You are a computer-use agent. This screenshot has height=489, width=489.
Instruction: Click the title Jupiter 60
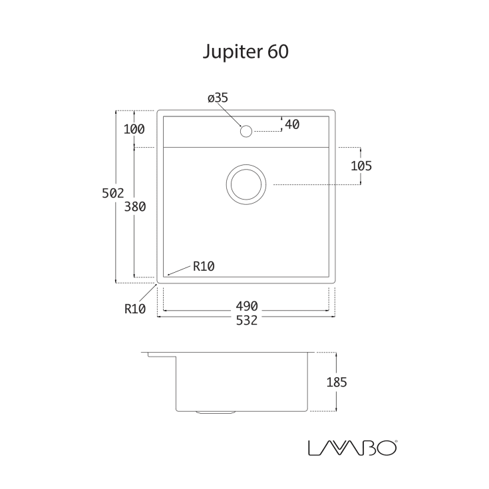tap(245, 53)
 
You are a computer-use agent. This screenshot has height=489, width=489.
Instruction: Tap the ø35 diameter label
tap(218, 98)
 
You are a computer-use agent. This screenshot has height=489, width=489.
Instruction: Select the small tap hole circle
tap(245, 130)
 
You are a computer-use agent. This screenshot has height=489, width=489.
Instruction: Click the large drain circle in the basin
tap(245, 184)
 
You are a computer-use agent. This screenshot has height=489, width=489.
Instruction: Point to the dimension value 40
tap(291, 124)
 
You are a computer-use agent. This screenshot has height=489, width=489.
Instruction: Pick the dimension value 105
tap(361, 166)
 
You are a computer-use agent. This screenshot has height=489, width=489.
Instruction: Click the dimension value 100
tap(134, 129)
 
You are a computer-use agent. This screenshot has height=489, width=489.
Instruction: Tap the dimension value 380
tap(135, 207)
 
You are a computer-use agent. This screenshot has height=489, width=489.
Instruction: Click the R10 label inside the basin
tap(204, 267)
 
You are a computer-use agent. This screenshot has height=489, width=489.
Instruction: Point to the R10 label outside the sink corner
tap(134, 309)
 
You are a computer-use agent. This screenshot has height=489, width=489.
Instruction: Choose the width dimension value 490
tap(246, 306)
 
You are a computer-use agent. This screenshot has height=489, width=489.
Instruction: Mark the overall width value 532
tap(246, 321)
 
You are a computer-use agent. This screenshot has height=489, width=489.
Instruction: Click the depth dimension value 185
tap(337, 382)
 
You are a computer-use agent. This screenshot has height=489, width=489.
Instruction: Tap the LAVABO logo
tap(353, 447)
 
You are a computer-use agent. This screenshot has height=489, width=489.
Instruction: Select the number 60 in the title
tap(279, 53)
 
